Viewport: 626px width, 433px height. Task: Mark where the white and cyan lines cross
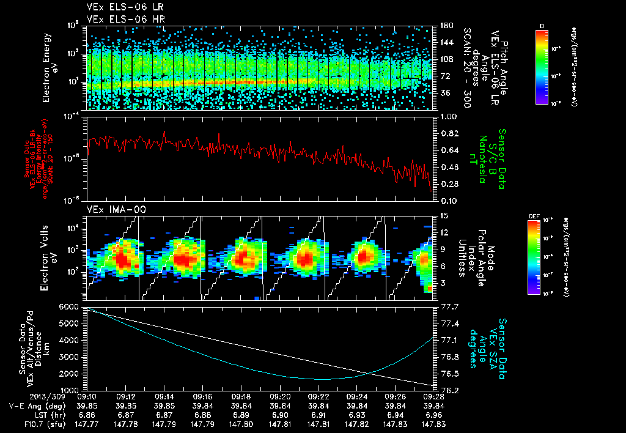coord(369,373)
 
